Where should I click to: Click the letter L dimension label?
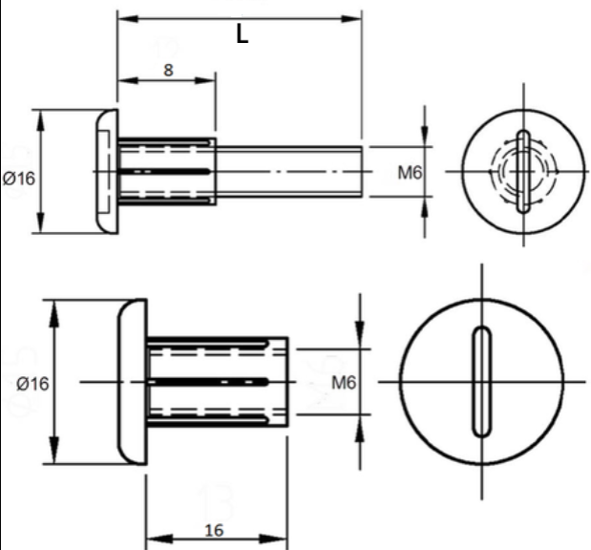click(x=243, y=34)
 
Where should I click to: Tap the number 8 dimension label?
click(x=168, y=70)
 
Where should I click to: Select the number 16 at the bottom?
click(x=214, y=531)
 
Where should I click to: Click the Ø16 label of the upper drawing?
click(x=19, y=179)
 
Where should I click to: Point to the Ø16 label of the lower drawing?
click(x=32, y=384)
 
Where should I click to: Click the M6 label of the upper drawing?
click(x=411, y=173)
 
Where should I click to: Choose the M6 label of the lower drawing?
click(x=344, y=383)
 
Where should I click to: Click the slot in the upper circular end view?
click(x=523, y=172)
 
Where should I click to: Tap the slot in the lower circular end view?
click(x=482, y=382)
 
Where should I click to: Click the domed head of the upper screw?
click(x=107, y=172)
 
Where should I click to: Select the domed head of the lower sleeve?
click(x=133, y=382)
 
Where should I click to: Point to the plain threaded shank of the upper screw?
click(x=289, y=172)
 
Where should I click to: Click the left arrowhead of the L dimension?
click(x=127, y=18)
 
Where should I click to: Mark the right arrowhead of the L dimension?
click(x=351, y=18)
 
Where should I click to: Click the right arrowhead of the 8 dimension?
click(x=205, y=80)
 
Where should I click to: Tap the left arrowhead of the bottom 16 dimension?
click(x=158, y=539)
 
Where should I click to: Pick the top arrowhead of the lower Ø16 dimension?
click(x=54, y=313)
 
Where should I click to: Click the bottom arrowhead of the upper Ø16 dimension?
click(x=40, y=222)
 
